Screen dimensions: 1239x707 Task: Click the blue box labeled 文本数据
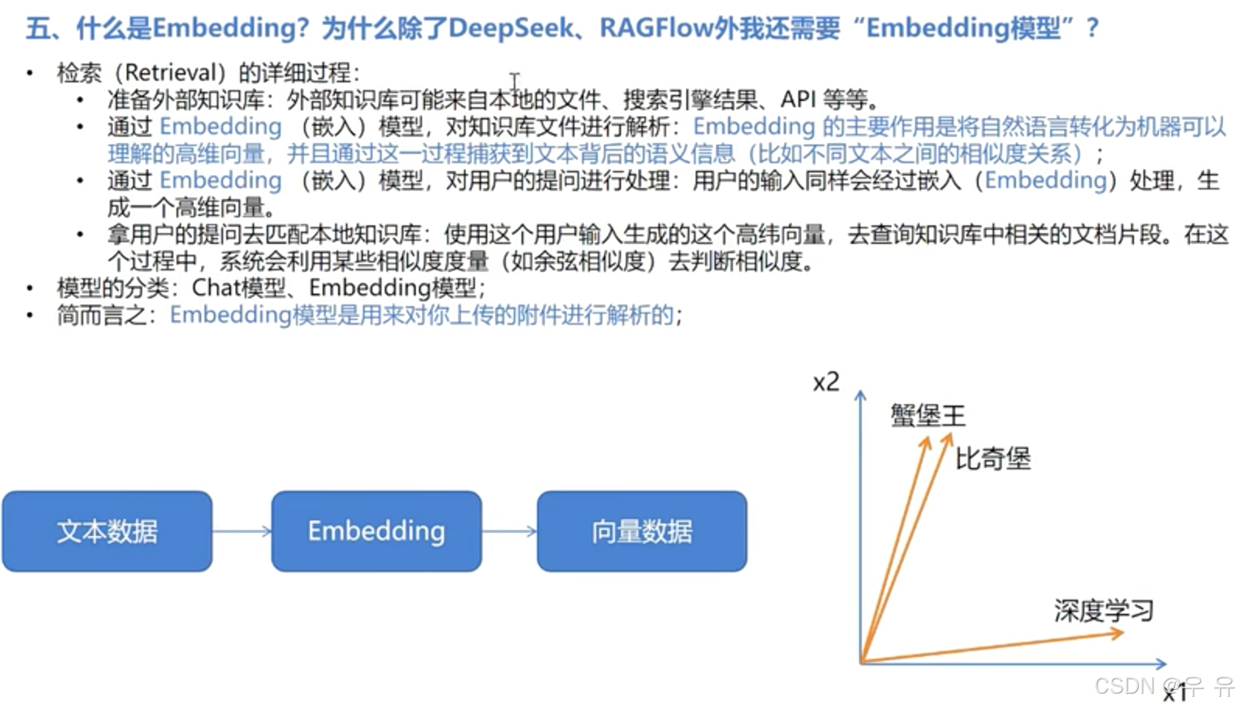coord(107,531)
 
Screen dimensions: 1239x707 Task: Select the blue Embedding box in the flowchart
coord(376,531)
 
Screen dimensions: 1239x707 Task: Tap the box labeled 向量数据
coord(641,531)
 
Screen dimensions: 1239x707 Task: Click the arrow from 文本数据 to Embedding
coord(242,531)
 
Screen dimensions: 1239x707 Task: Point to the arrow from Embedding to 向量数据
coord(509,531)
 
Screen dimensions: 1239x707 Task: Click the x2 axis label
coord(825,382)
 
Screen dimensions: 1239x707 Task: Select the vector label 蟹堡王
coord(927,416)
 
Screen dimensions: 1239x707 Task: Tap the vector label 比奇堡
coord(993,458)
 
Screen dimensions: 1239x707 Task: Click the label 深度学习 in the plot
coord(1104,611)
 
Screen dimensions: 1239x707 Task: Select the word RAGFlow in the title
coord(655,28)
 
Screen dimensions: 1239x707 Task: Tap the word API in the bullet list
coord(797,99)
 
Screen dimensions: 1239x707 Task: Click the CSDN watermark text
coord(1125,686)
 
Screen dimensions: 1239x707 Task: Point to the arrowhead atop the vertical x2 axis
coord(860,396)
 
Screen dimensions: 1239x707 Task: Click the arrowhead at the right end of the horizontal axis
coord(1161,663)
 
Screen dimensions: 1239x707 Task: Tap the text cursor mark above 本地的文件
coord(514,81)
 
